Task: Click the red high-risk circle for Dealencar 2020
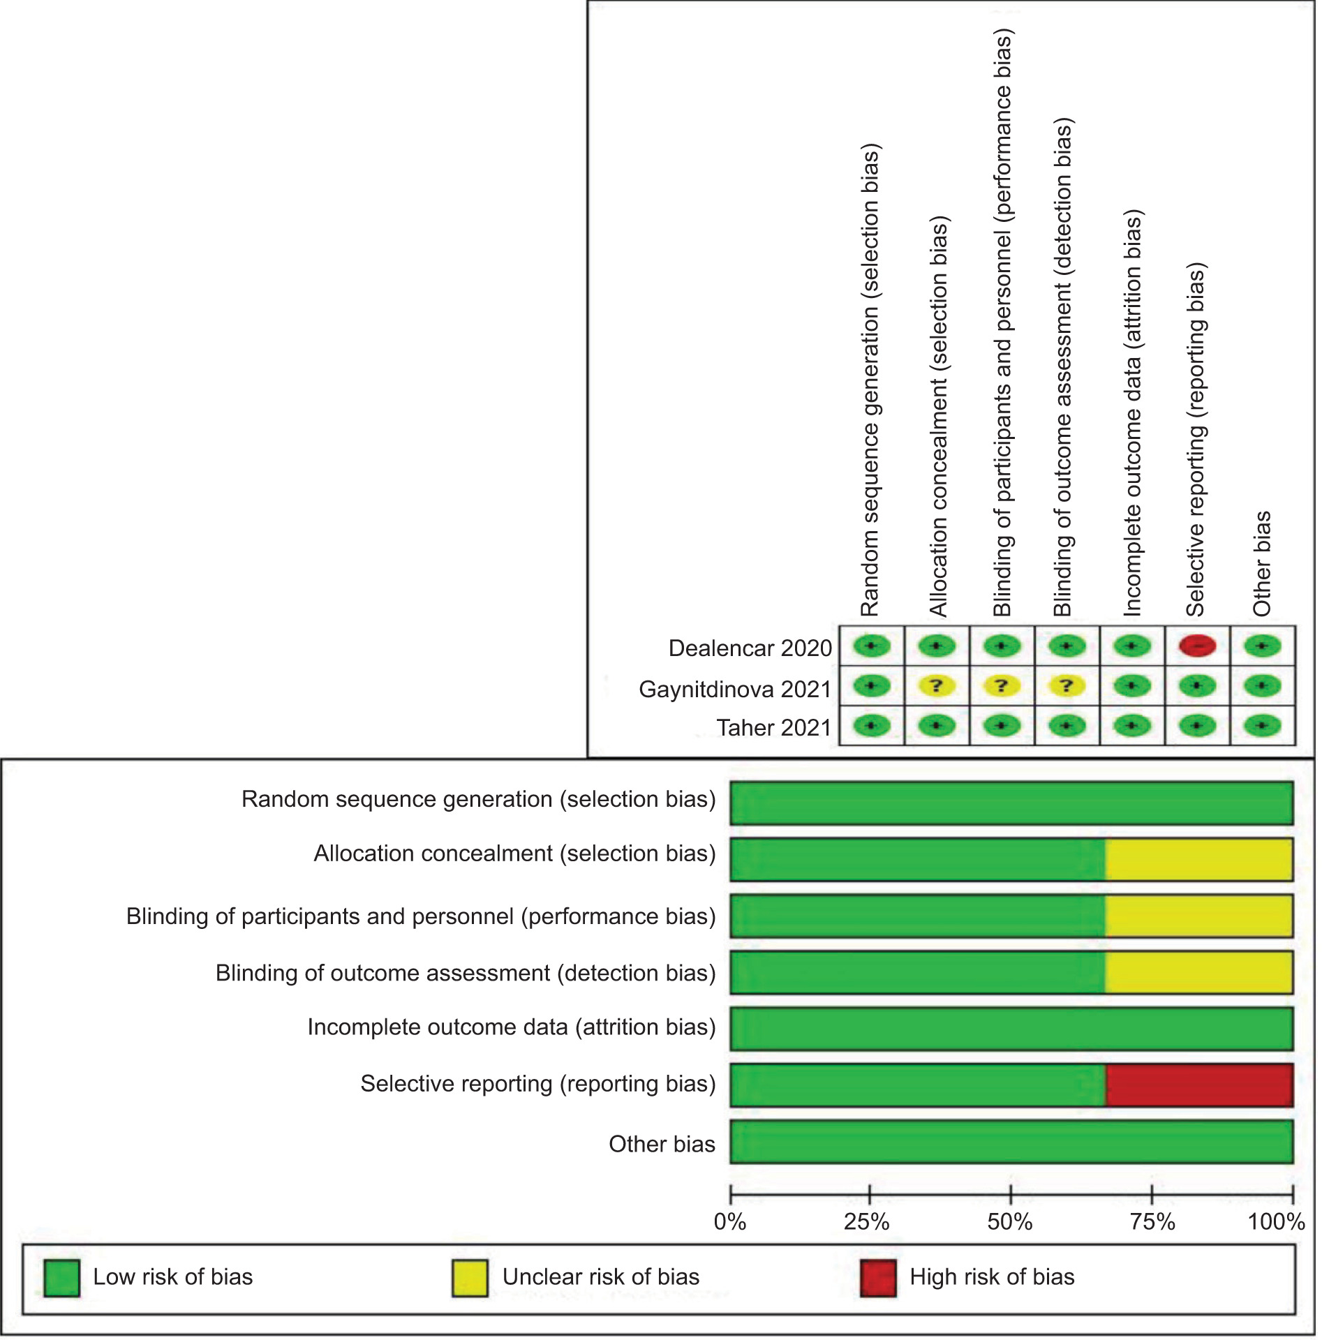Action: [x=1197, y=646]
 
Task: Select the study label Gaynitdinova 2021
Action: [x=735, y=689]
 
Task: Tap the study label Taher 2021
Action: [x=773, y=727]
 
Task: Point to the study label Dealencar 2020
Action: [x=750, y=648]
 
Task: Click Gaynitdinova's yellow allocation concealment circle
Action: [x=936, y=686]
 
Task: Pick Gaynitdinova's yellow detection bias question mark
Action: [x=1067, y=686]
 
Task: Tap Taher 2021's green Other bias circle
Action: [x=1262, y=726]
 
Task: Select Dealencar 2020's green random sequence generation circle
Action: [x=871, y=646]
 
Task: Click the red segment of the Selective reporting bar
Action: [x=1198, y=1085]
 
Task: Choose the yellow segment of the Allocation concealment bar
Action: [x=1198, y=859]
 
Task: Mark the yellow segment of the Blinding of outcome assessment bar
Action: [x=1198, y=972]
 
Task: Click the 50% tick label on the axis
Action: [x=1009, y=1222]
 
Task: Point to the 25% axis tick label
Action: [x=867, y=1222]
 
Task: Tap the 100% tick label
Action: [x=1276, y=1222]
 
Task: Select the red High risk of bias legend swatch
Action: [x=877, y=1278]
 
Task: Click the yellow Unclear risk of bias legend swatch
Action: [x=470, y=1278]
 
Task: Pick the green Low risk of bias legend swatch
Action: [x=61, y=1278]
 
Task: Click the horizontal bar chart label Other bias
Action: [x=662, y=1144]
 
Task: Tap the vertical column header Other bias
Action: [x=1262, y=564]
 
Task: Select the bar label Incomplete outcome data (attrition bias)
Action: [x=512, y=1027]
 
